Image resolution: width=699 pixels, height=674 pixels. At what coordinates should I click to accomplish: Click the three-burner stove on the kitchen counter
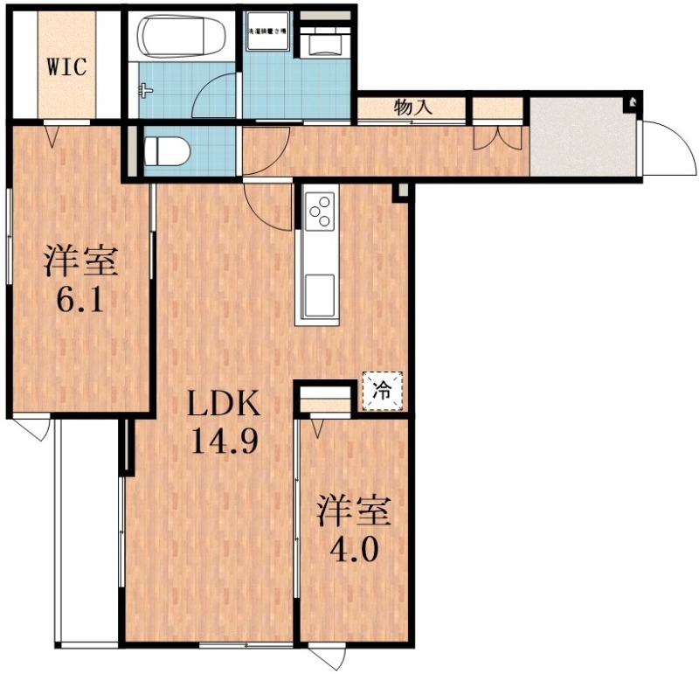click(x=320, y=211)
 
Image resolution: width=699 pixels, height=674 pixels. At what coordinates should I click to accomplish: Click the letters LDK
click(x=224, y=405)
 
